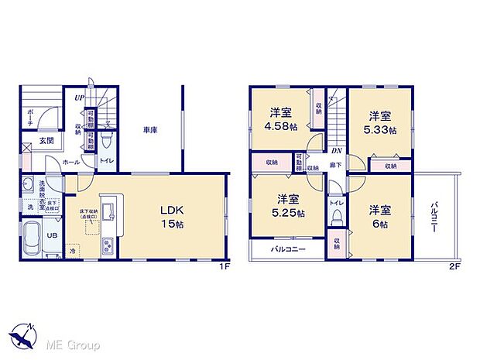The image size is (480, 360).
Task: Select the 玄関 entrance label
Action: point(36,141)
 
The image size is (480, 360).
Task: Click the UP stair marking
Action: point(80,98)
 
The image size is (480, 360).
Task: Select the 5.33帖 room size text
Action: point(379,129)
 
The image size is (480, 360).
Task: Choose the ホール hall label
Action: point(69,163)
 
